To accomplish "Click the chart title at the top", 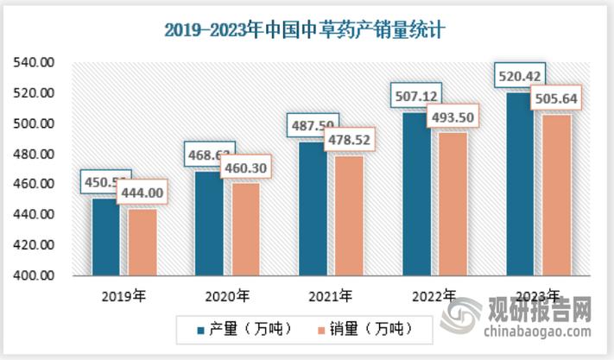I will pos(307,31).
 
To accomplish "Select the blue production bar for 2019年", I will pos(106,237).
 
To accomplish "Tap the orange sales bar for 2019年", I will pos(142,243).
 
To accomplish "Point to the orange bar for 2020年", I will pos(245,230).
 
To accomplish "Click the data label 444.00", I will pos(149,194).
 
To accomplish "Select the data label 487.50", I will pos(312,126).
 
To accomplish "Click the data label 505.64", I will pos(557,98).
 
